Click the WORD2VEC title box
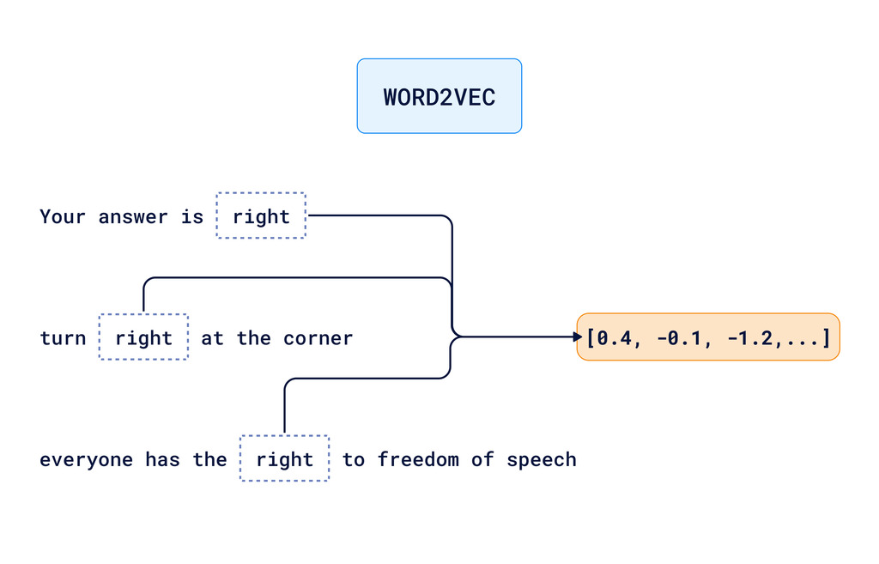point(439,96)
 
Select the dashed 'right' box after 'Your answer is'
point(261,216)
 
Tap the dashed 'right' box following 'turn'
point(143,338)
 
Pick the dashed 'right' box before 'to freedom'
point(284,459)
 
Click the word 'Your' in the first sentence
point(63,216)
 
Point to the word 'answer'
point(133,216)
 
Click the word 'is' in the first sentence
point(191,216)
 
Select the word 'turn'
point(63,338)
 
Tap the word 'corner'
point(318,338)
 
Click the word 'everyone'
point(86,459)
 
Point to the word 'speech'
point(541,459)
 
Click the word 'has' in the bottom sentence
point(162,459)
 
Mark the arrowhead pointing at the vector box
point(579,337)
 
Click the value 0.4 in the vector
point(615,338)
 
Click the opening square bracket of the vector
point(591,338)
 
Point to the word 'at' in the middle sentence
point(212,338)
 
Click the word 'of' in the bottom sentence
point(482,459)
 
